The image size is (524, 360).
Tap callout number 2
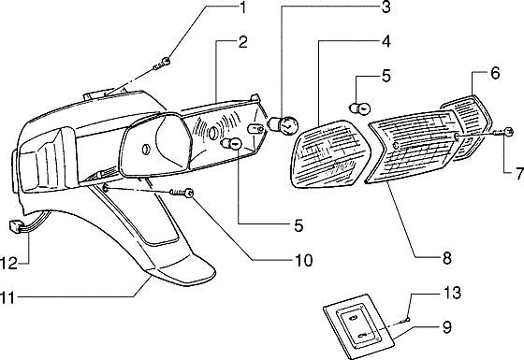click(x=242, y=42)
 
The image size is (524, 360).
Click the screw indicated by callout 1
click(x=166, y=62)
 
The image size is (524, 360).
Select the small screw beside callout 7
click(x=507, y=132)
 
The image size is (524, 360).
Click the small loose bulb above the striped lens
click(x=357, y=108)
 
